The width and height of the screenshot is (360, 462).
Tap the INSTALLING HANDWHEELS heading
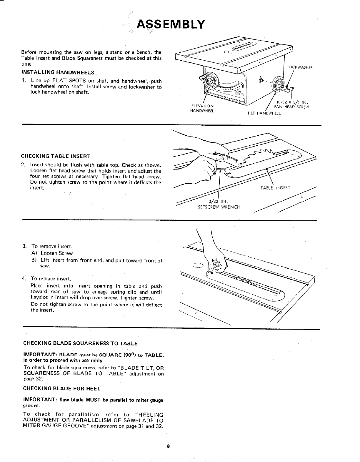(x=58, y=72)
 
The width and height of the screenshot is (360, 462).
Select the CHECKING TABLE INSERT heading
(x=56, y=156)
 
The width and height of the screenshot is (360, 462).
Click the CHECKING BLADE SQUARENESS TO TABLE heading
(x=80, y=343)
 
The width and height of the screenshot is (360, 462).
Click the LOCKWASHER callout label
(x=299, y=67)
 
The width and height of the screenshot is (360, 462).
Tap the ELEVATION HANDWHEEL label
(x=202, y=108)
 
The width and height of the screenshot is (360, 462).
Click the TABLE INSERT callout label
(x=275, y=188)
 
